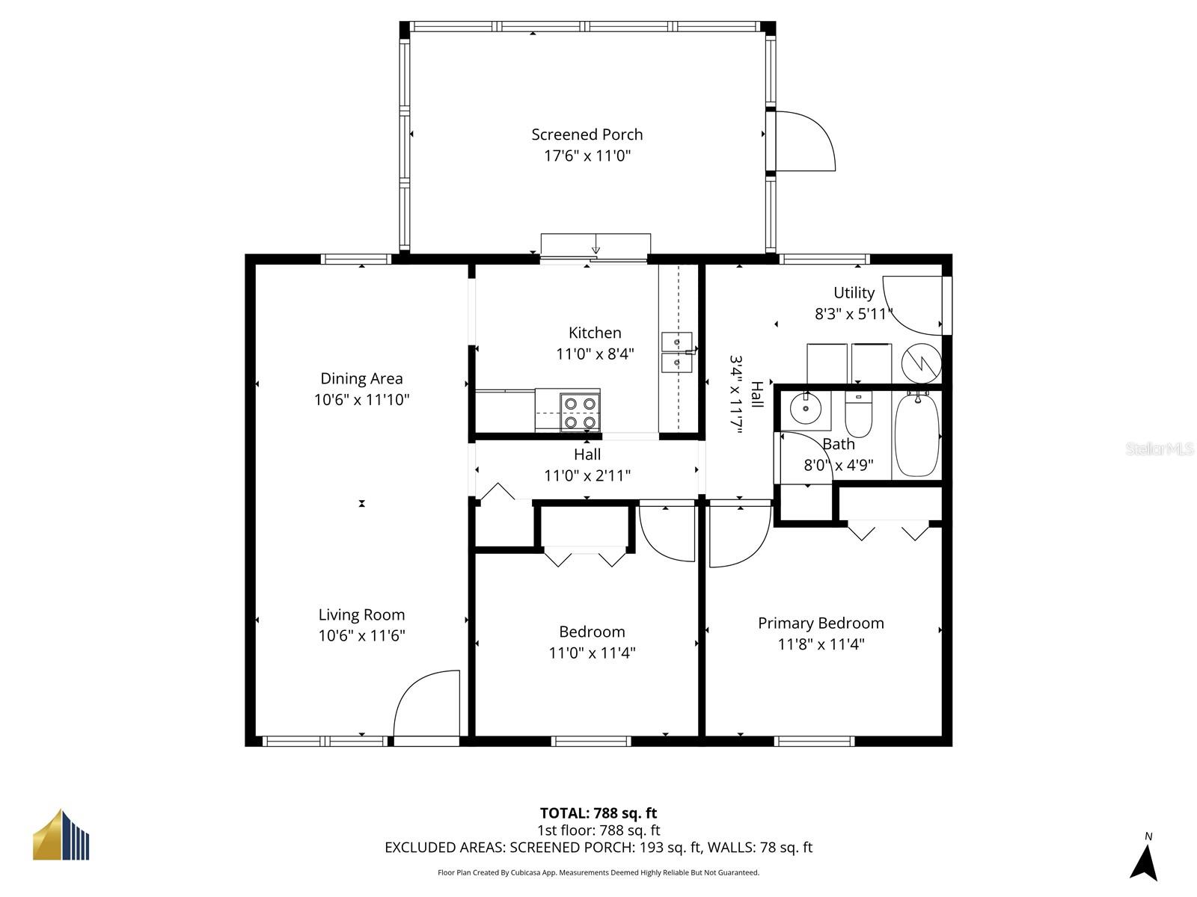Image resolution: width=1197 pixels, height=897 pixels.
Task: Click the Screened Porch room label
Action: coord(587,135)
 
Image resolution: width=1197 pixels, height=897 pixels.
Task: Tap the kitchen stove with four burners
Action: coord(580,413)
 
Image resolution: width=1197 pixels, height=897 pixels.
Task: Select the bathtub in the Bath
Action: coord(916,435)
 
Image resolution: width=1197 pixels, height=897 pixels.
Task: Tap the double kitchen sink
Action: coord(676,353)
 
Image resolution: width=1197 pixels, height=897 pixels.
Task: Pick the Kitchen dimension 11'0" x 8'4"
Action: coord(595,354)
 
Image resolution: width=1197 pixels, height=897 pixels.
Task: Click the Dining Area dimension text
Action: coord(361,400)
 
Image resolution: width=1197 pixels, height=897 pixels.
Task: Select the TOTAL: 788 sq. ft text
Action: coord(598,813)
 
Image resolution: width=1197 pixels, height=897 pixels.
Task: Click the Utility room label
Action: coord(854,293)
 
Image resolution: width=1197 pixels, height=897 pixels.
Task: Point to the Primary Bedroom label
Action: coord(821,623)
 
